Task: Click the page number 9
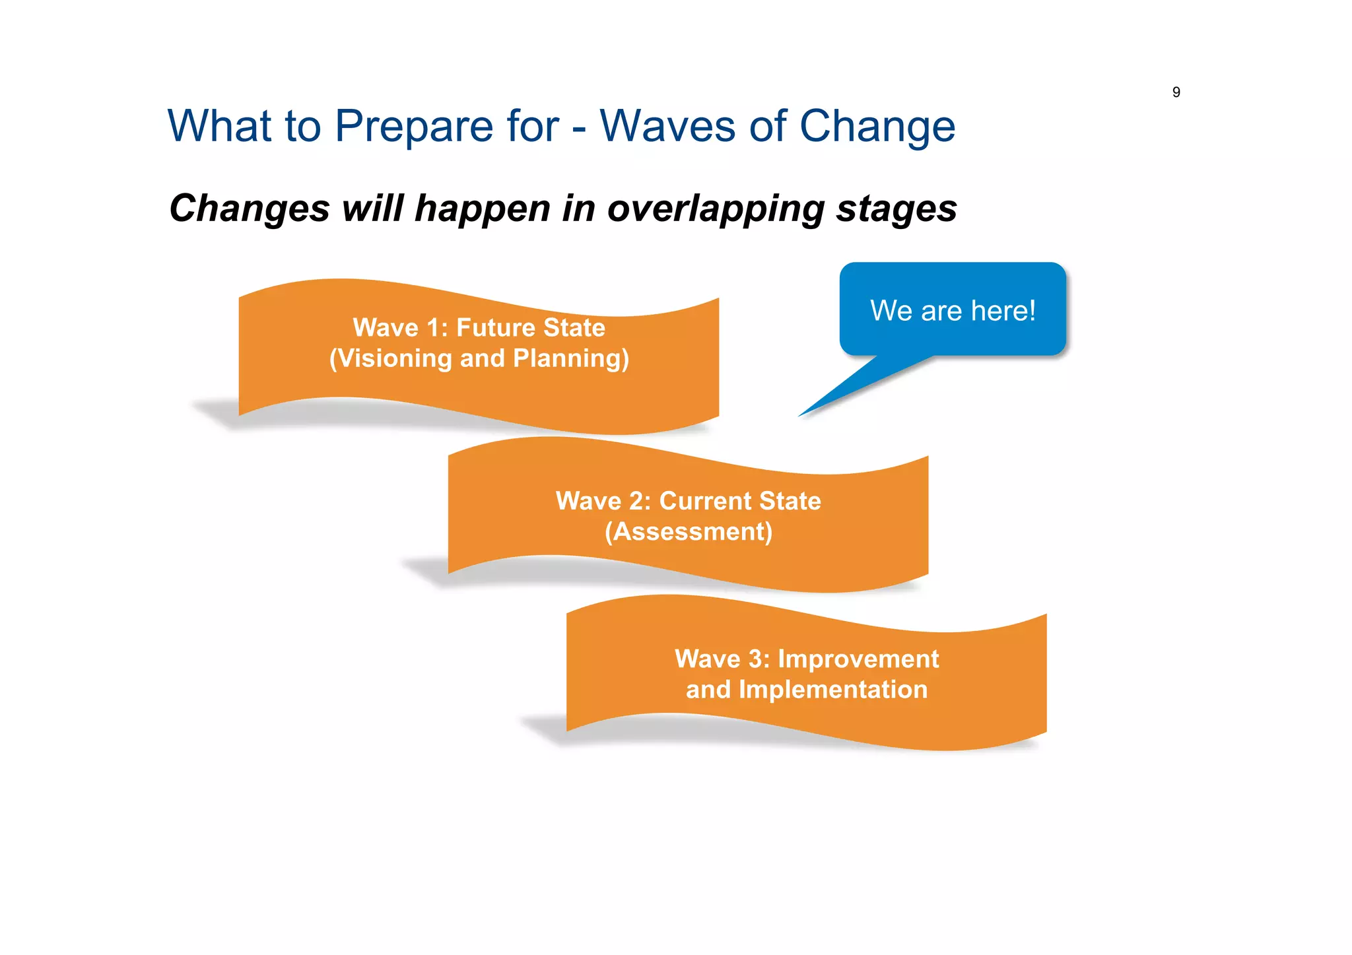click(1176, 92)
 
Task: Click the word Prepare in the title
click(413, 126)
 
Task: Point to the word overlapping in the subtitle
click(715, 209)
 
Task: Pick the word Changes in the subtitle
click(249, 209)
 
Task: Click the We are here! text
click(952, 311)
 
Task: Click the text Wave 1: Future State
click(479, 327)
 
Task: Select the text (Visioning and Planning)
click(479, 358)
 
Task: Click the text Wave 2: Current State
click(688, 501)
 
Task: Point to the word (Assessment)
click(688, 532)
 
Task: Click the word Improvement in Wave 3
click(858, 659)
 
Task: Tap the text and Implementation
click(806, 690)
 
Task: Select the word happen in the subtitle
click(483, 209)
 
